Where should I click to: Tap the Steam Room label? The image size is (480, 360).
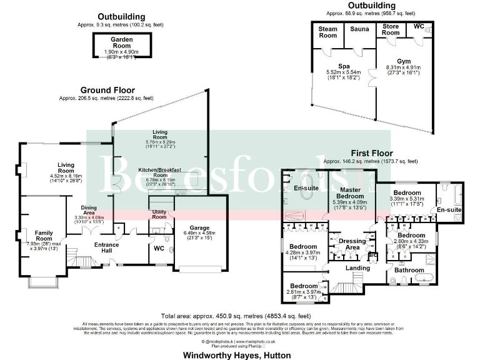pos(328,32)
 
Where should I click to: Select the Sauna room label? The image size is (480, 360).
pos(359,29)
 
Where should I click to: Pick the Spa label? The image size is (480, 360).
pos(344,66)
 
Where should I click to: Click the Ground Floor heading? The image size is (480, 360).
pos(106,90)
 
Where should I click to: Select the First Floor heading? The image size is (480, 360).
pos(371,153)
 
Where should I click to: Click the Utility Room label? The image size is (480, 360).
pos(159,214)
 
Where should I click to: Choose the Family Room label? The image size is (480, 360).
pos(44,235)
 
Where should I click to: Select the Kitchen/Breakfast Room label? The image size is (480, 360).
pos(159,173)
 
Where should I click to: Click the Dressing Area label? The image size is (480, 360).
pos(352,244)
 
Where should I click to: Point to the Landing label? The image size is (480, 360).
pos(357,268)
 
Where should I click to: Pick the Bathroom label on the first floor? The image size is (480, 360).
pos(409,270)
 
